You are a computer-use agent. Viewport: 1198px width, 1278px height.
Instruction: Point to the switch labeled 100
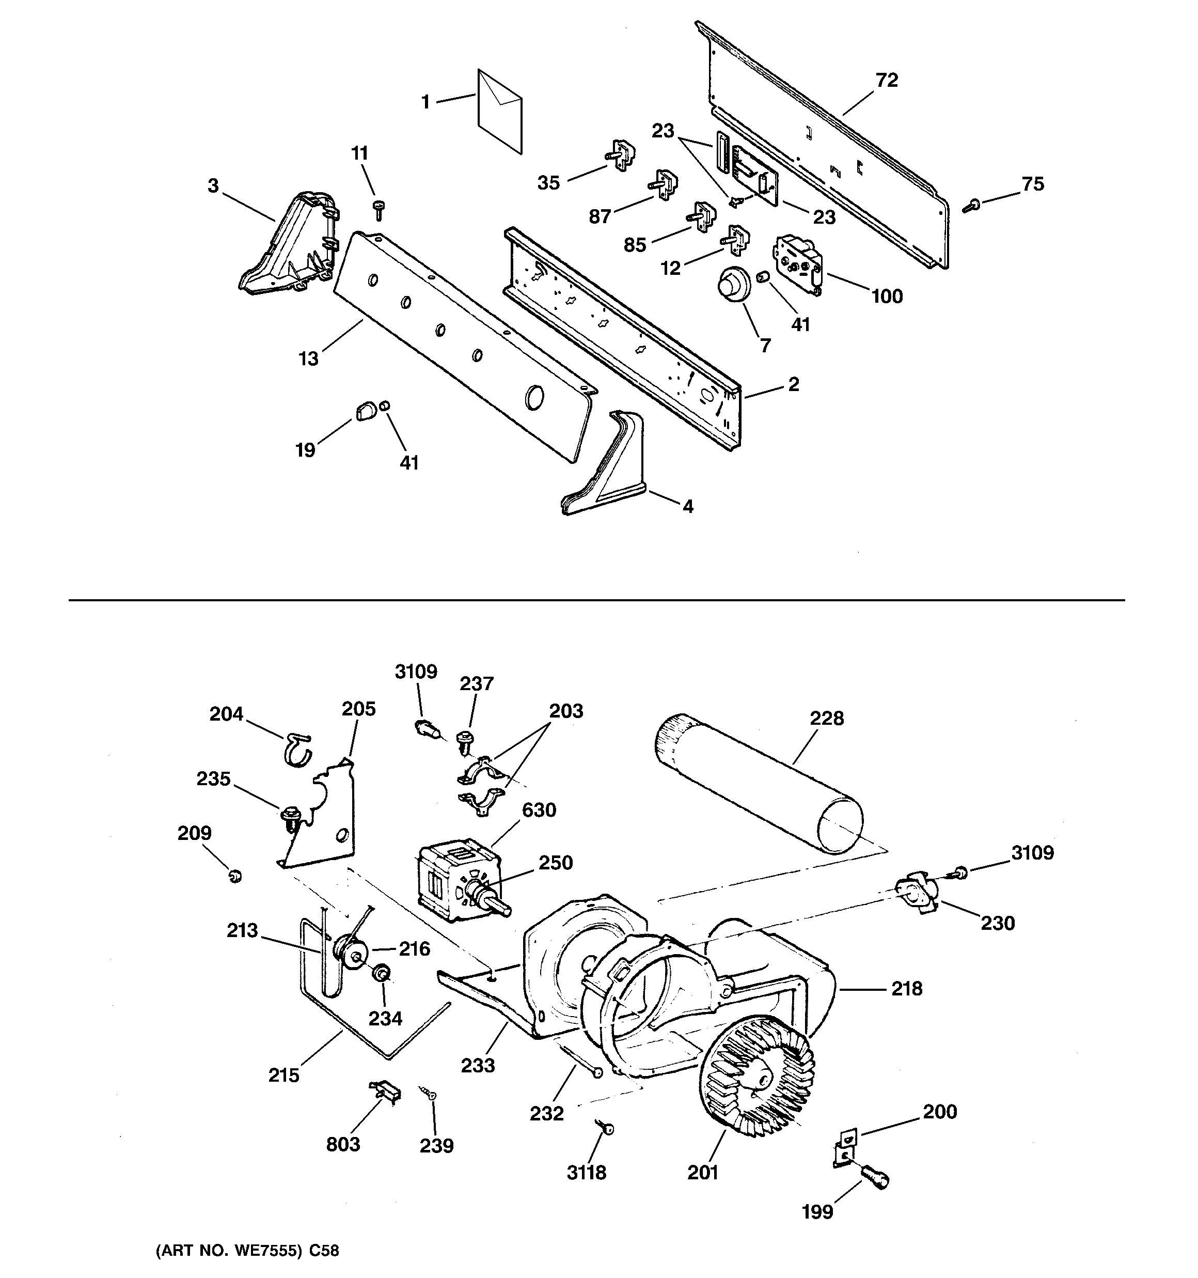pyautogui.click(x=799, y=263)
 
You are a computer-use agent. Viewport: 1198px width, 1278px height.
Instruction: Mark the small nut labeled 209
pyautogui.click(x=235, y=876)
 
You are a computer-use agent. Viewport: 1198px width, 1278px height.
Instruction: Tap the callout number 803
pyautogui.click(x=343, y=1144)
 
